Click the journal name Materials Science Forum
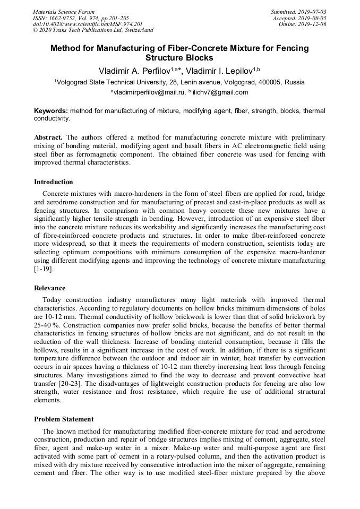point(64,11)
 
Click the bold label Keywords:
point(51,111)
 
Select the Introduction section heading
point(54,182)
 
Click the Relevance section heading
point(50,288)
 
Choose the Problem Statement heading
point(64,419)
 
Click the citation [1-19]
point(44,269)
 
